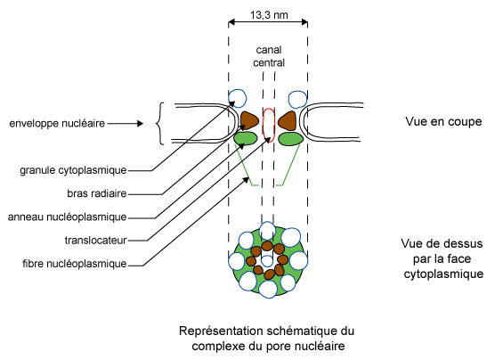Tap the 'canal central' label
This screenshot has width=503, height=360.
coord(268,56)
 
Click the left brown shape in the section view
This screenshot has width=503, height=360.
coord(248,119)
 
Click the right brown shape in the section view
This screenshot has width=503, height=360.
coord(288,119)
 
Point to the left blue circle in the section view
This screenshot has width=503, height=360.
coord(238,98)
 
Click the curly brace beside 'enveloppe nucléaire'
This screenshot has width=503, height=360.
coord(160,124)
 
